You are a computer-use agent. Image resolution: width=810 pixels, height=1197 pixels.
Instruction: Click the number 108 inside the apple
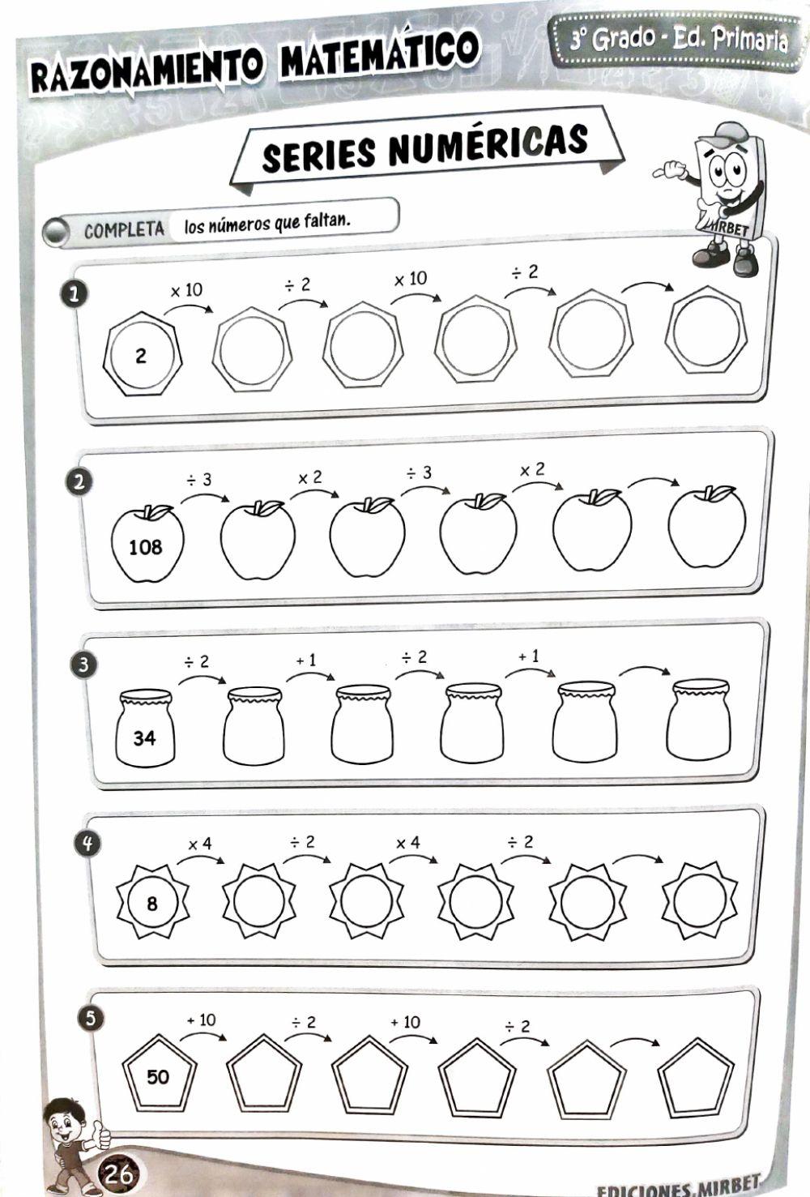pos(146,547)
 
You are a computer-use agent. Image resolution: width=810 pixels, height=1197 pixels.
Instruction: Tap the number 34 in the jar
pos(144,737)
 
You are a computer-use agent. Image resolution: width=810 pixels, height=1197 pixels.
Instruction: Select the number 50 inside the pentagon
pos(158,1076)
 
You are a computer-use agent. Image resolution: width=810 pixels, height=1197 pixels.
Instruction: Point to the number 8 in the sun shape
pos(152,903)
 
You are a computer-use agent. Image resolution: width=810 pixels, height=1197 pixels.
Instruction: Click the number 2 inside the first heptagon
pos(142,355)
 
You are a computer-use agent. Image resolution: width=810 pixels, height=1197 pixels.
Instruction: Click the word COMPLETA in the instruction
pos(124,230)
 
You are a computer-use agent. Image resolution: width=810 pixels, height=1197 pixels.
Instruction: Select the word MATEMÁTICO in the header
pos(377,57)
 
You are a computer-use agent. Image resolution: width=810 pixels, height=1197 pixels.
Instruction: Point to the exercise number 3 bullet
pos(85,665)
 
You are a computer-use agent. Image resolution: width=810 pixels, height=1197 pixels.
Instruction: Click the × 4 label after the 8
pos(199,844)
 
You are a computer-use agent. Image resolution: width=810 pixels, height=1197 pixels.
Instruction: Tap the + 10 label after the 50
pos(201,1020)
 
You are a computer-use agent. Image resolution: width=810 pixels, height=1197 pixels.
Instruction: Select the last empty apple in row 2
pos(706,528)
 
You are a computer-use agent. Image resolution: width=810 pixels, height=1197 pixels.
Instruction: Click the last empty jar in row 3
pos(698,720)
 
